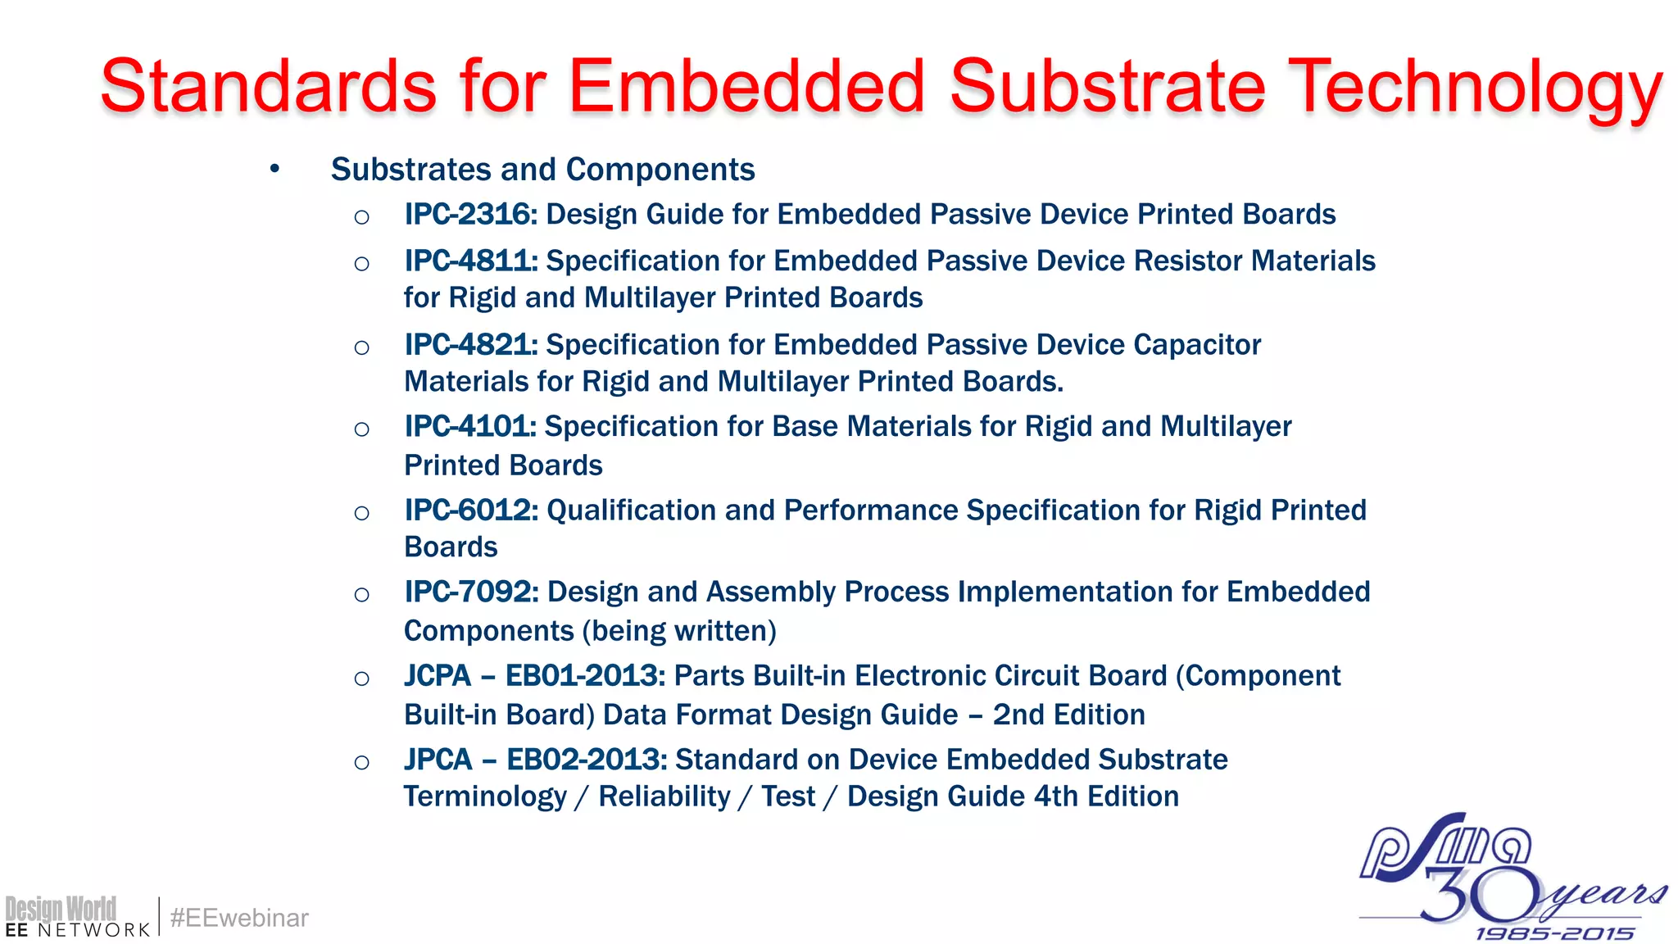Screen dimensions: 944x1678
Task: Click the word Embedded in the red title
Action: click(x=746, y=87)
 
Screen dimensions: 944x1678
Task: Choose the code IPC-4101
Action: click(x=469, y=427)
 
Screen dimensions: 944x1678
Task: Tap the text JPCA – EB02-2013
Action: click(x=535, y=760)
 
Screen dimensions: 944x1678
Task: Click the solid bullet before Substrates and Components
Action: click(x=275, y=170)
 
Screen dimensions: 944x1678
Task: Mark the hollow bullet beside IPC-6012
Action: click(x=361, y=514)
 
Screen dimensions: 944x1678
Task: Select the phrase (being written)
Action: click(x=679, y=631)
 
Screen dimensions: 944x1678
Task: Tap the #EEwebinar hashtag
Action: click(x=239, y=918)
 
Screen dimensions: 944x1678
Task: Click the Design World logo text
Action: click(x=61, y=909)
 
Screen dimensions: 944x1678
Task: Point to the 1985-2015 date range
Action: click(x=1554, y=933)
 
